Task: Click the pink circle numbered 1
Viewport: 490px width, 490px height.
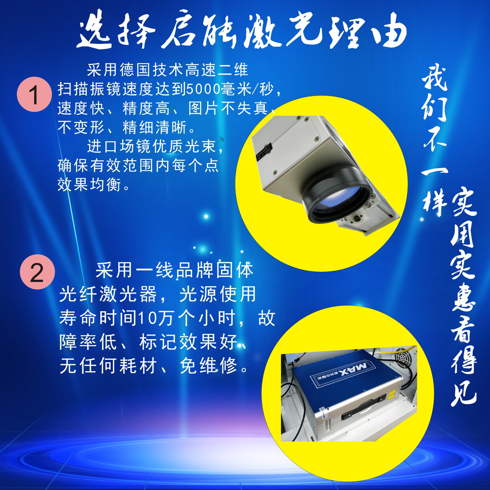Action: click(x=34, y=94)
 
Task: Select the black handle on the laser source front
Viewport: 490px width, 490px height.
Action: click(x=363, y=408)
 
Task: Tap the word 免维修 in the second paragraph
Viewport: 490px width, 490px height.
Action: click(x=209, y=366)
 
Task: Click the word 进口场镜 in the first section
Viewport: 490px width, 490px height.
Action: click(x=120, y=146)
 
